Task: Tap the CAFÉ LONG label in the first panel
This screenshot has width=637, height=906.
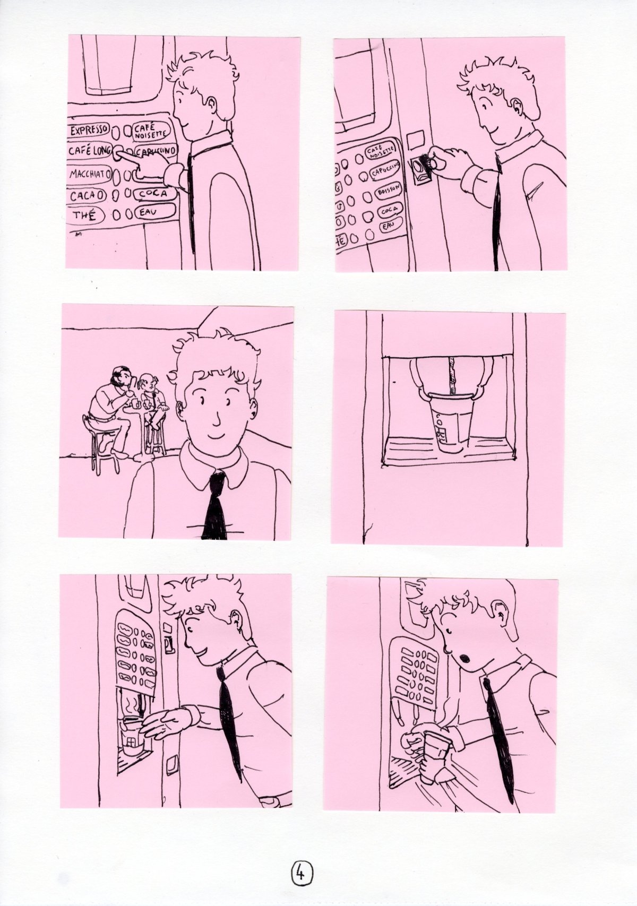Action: tap(89, 151)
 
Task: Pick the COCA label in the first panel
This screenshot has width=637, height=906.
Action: tap(155, 194)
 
